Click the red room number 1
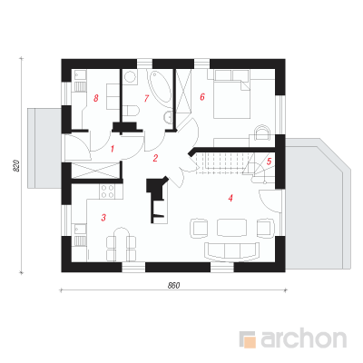coord(113,149)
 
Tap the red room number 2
coord(155,158)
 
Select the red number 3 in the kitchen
coord(103,217)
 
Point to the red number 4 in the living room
coord(231,198)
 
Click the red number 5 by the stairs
coord(269,162)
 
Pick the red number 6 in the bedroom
coord(202,97)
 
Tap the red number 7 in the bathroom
coord(147,98)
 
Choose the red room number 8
coord(96,98)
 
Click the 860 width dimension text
coord(174,285)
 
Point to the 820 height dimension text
coord(16,166)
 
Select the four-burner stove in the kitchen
coord(107,191)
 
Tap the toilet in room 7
coord(132,110)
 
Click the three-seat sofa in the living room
coord(232,250)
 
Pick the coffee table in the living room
coord(232,227)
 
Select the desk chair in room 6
coord(262,132)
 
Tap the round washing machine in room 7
coord(131,77)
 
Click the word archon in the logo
coord(303,339)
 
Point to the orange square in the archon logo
coord(250,342)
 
